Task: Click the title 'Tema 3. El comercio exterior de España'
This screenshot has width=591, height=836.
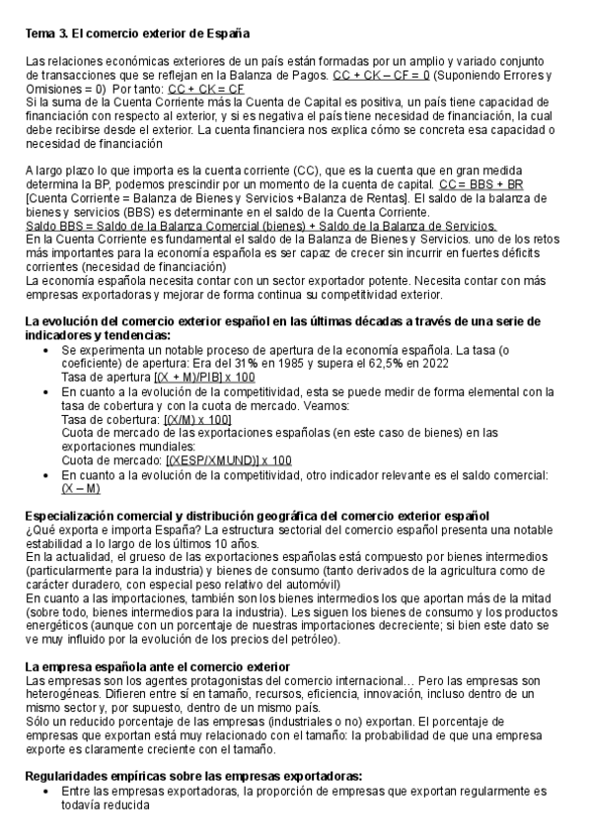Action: pyautogui.click(x=137, y=35)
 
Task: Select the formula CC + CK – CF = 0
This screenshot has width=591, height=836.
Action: pyautogui.click(x=381, y=76)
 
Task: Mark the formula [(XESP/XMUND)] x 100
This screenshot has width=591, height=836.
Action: pyautogui.click(x=229, y=460)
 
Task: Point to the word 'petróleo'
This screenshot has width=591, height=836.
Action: pyautogui.click(x=309, y=639)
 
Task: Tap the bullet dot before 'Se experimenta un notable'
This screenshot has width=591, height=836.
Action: pyautogui.click(x=50, y=350)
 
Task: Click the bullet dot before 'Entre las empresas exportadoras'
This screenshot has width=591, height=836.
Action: pyautogui.click(x=50, y=791)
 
